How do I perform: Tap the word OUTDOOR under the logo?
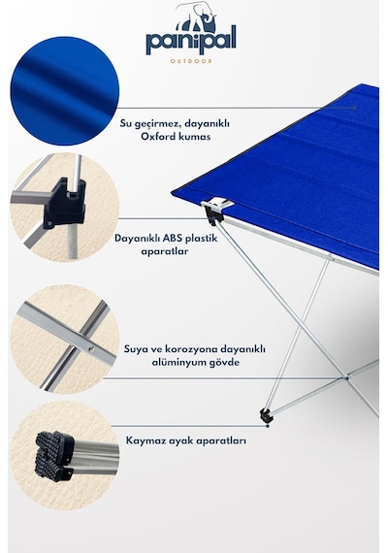(x=191, y=61)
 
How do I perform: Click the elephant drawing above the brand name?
(x=197, y=16)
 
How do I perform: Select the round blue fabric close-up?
(x=65, y=90)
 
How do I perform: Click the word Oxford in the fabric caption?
(x=157, y=136)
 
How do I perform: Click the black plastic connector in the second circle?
(x=65, y=205)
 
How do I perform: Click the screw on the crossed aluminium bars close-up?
(x=92, y=349)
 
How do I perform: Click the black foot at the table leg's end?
(x=267, y=415)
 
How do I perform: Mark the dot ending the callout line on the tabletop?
(x=355, y=108)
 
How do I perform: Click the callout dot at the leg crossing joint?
(x=347, y=378)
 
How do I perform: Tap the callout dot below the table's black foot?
(x=268, y=426)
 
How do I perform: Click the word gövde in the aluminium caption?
(x=224, y=363)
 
